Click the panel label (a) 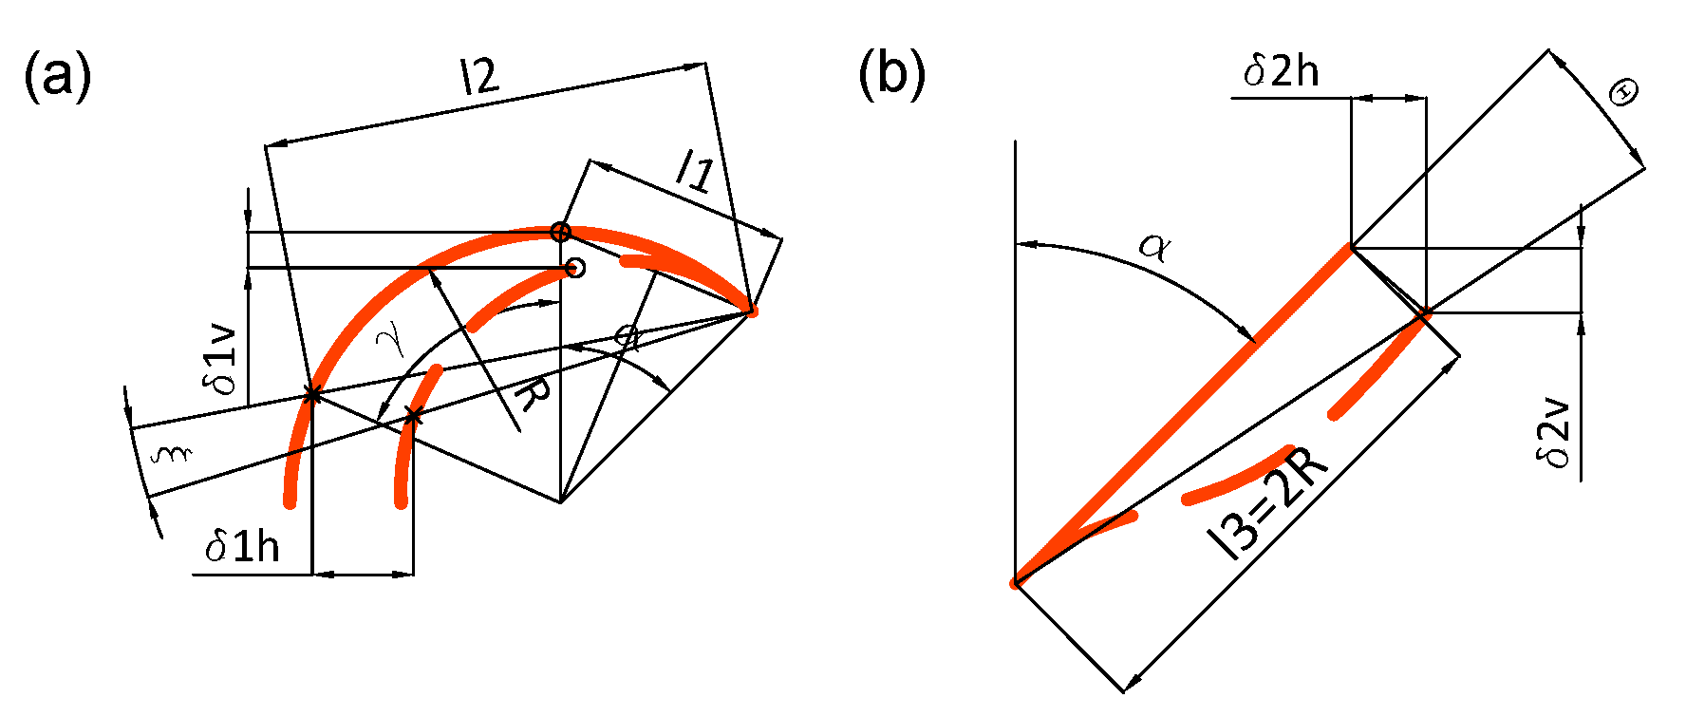[57, 76]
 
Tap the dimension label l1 [694, 171]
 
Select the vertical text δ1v [220, 358]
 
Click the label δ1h [243, 547]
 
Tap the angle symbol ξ [172, 454]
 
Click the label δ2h [1281, 71]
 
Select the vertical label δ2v [1554, 435]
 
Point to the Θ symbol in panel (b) [1624, 93]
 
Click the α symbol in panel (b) [1155, 248]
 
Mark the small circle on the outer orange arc [561, 232]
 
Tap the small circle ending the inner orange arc [574, 268]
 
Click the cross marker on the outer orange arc [311, 395]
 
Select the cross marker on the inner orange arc [413, 416]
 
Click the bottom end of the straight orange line [1016, 582]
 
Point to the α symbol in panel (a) [626, 335]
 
